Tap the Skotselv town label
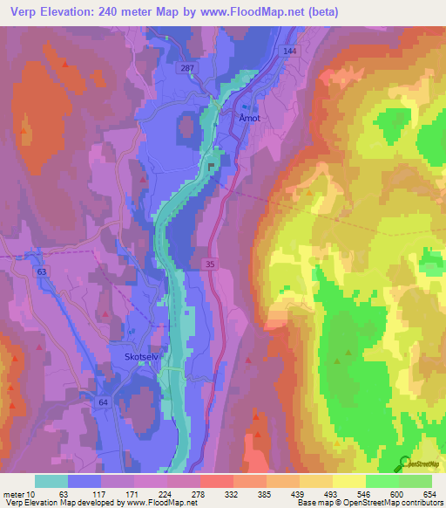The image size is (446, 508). click(x=132, y=356)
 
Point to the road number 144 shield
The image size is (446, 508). click(x=290, y=52)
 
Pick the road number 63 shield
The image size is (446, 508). click(x=41, y=272)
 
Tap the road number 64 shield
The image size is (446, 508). click(x=104, y=402)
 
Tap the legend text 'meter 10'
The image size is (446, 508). click(x=19, y=493)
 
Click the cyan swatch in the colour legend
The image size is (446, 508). click(x=51, y=481)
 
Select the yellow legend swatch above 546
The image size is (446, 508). click(x=349, y=481)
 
